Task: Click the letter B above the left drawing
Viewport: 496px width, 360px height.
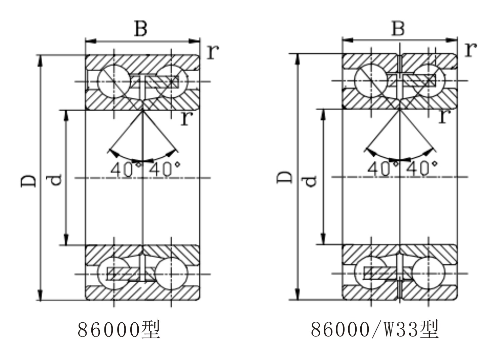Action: (x=141, y=29)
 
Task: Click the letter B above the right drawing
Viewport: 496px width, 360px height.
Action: (x=398, y=28)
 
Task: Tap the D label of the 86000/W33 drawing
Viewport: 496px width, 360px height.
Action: (x=284, y=177)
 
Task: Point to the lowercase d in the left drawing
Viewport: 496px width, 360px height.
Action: (x=54, y=180)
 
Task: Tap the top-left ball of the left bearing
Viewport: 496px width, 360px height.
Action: (x=114, y=81)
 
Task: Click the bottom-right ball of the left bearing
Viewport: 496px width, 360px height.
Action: (x=171, y=274)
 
